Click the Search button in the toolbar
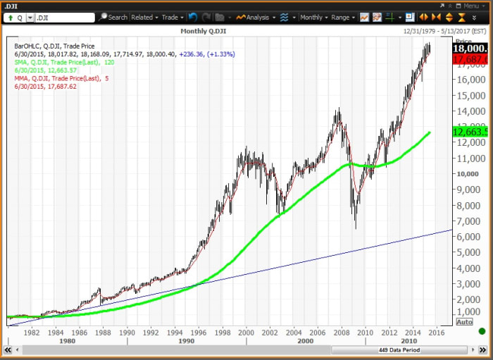click(113, 17)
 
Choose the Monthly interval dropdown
click(313, 17)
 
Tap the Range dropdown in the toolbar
click(342, 17)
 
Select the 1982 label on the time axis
click(32, 331)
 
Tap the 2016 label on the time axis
click(437, 331)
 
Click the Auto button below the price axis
click(465, 322)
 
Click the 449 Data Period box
click(400, 350)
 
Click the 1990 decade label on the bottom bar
click(186, 341)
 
